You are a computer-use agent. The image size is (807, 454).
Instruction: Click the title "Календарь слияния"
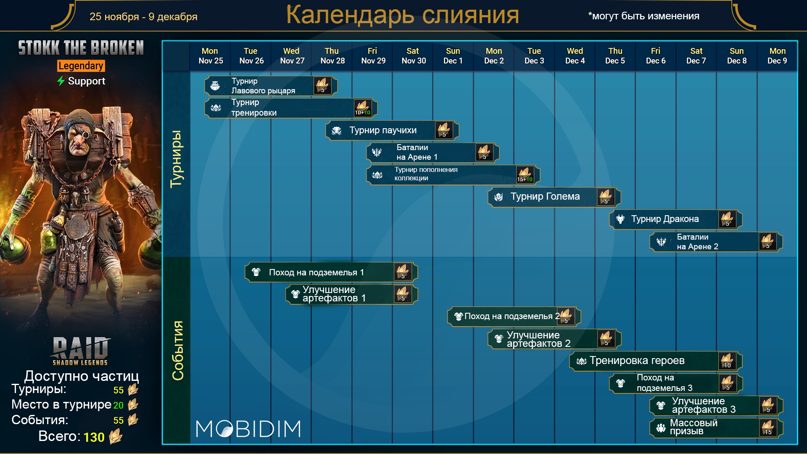(x=402, y=15)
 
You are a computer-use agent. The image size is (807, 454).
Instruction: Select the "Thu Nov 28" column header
(x=332, y=56)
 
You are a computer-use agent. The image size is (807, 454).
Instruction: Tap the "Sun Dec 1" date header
(x=453, y=56)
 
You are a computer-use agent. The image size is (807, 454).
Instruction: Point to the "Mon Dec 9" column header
(x=777, y=56)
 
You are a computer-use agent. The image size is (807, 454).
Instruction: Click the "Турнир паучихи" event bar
(x=392, y=131)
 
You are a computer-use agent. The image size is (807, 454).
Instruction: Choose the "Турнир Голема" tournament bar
(x=554, y=197)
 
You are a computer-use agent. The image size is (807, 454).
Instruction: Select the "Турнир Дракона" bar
(x=675, y=219)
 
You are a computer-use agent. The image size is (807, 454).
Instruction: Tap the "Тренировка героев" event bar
(x=656, y=361)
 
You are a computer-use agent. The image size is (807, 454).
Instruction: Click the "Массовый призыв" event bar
(x=716, y=428)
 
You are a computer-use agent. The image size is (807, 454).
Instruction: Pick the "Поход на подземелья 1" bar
(x=331, y=272)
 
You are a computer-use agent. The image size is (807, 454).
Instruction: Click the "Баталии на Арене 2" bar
(x=716, y=242)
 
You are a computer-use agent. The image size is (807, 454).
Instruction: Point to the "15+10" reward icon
(x=525, y=174)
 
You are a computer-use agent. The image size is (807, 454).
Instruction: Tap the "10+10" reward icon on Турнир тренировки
(x=362, y=108)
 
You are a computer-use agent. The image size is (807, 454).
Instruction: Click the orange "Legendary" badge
(x=81, y=66)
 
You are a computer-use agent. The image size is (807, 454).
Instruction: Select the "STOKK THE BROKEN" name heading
(x=81, y=48)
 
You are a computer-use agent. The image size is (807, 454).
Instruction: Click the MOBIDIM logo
(x=248, y=429)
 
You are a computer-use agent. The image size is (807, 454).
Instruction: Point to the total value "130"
(x=94, y=437)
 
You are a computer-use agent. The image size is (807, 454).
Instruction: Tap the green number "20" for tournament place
(x=119, y=405)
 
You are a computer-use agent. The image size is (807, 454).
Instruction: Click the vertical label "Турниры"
(x=177, y=159)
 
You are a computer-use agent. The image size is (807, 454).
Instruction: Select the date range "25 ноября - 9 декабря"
(x=143, y=17)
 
